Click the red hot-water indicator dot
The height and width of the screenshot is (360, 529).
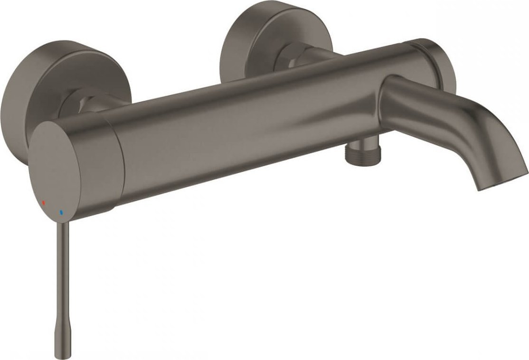(44, 202)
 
